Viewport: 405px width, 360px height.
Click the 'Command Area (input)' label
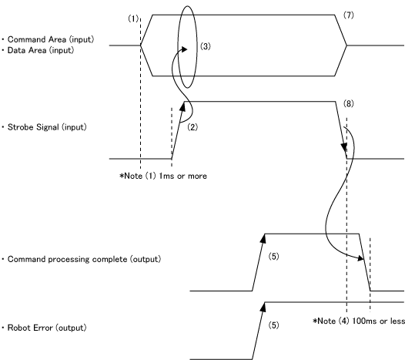(51, 39)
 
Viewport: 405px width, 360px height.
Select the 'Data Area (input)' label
(41, 50)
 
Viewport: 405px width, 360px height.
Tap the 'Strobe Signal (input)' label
(47, 127)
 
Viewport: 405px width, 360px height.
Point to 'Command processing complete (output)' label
(84, 259)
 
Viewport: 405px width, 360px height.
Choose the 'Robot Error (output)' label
(47, 328)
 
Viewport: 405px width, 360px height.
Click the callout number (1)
(133, 19)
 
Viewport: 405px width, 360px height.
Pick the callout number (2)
(192, 127)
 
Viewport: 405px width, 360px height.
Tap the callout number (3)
(206, 46)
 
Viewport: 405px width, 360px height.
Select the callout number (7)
(349, 15)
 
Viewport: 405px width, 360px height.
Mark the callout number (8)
(349, 104)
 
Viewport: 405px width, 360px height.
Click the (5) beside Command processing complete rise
(274, 256)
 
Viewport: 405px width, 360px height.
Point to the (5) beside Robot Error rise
(274, 325)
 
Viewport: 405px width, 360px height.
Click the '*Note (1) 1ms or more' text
(163, 176)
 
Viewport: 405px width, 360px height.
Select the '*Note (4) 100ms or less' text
(359, 321)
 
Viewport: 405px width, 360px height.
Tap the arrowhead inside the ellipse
(183, 49)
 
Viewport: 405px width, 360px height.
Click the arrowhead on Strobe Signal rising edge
(182, 107)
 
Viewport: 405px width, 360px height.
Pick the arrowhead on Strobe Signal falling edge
(344, 148)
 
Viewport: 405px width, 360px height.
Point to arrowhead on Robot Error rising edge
(263, 307)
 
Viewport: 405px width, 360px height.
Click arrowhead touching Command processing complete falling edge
(360, 257)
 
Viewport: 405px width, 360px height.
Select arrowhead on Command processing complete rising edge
(263, 239)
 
